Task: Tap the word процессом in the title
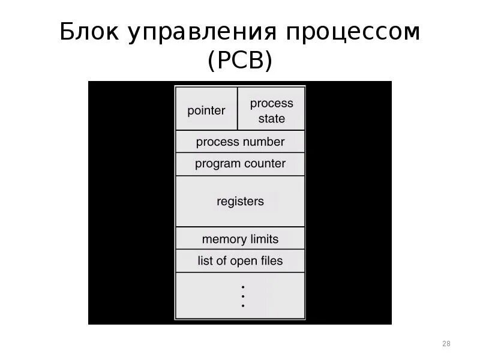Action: (x=352, y=33)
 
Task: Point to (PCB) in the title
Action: (x=240, y=61)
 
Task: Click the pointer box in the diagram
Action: (x=206, y=110)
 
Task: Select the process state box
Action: (x=271, y=110)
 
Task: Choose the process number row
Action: (x=240, y=142)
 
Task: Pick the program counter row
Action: (x=240, y=164)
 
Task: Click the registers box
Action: (x=240, y=202)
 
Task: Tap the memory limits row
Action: (x=240, y=239)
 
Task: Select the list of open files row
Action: (x=240, y=261)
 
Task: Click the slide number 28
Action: (x=446, y=344)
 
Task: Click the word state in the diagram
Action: (x=272, y=119)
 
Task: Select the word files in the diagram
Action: (x=268, y=261)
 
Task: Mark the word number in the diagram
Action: (x=264, y=142)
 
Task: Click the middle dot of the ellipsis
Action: (x=243, y=296)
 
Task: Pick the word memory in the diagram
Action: (x=224, y=239)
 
